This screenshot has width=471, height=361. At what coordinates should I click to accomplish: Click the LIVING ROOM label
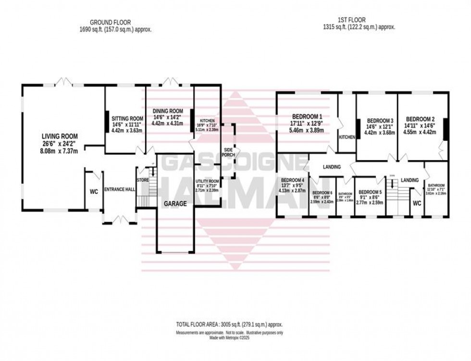point(59,137)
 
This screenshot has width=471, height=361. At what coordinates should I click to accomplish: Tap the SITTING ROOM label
point(127,118)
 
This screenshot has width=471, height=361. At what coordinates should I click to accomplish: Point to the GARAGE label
point(176,203)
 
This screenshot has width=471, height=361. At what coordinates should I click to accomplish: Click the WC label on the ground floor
point(94,191)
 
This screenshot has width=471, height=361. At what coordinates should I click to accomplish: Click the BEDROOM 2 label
point(420,119)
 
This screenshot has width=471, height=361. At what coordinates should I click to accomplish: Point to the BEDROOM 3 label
point(380,121)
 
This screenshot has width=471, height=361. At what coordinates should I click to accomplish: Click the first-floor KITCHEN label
point(347,137)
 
